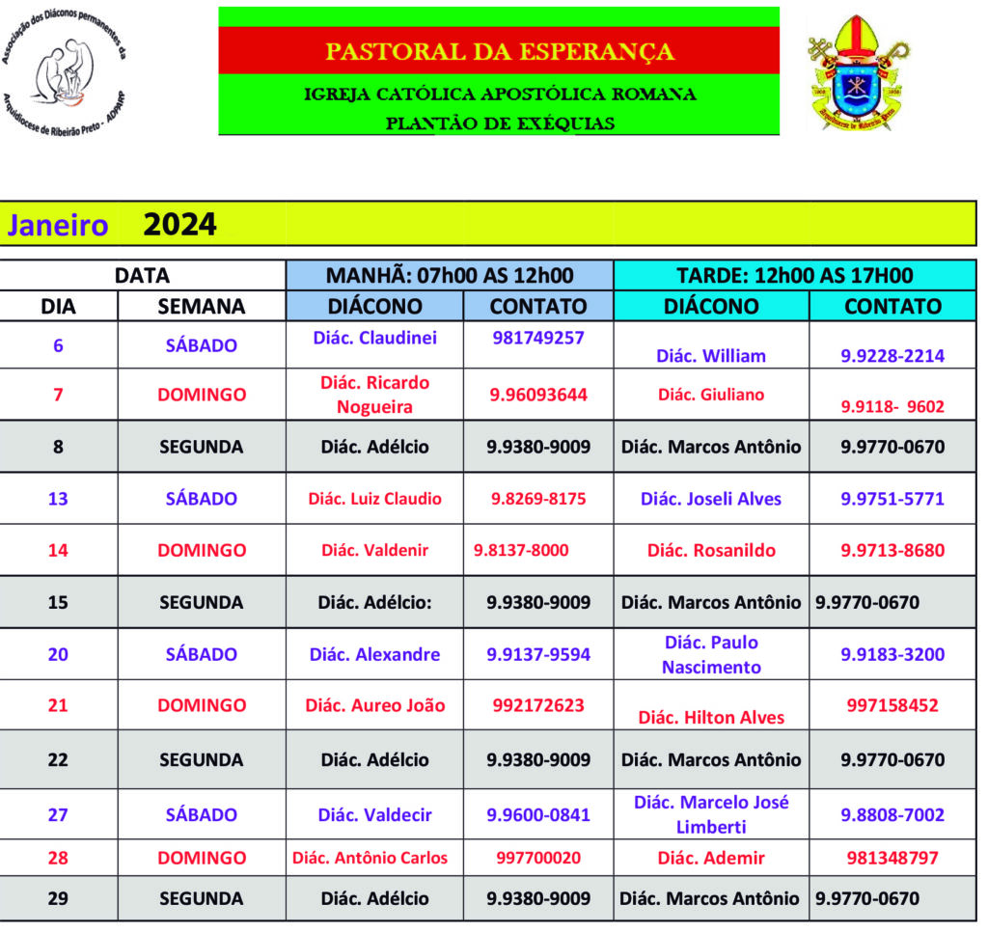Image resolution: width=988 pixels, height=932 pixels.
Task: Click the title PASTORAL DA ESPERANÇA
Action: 499,51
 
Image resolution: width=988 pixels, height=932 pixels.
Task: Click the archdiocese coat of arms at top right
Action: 858,72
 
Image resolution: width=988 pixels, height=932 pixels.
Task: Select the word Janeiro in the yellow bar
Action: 58,226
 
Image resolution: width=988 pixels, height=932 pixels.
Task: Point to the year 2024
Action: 179,225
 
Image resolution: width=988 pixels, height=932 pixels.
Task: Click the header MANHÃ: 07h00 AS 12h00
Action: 450,275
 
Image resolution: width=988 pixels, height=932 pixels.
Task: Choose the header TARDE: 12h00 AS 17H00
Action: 794,275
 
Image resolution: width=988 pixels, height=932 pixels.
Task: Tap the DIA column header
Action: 58,306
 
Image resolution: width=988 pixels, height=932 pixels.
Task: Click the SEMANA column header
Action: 201,306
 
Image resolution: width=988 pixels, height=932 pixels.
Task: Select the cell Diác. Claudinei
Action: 374,338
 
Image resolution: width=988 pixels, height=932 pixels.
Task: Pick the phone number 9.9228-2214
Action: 892,356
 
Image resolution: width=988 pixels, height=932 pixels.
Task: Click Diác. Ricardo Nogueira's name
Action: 374,395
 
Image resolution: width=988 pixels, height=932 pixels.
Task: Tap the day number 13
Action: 58,499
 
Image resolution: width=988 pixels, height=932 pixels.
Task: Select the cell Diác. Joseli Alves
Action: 710,499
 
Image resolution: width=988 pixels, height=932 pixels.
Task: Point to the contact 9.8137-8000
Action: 521,550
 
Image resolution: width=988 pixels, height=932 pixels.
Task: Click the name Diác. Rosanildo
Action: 710,551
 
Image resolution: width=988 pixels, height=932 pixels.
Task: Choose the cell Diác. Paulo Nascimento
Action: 711,654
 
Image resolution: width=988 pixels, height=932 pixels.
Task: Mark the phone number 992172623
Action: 538,705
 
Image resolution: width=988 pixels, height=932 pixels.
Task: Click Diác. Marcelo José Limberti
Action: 711,814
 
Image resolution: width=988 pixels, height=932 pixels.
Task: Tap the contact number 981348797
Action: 892,858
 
